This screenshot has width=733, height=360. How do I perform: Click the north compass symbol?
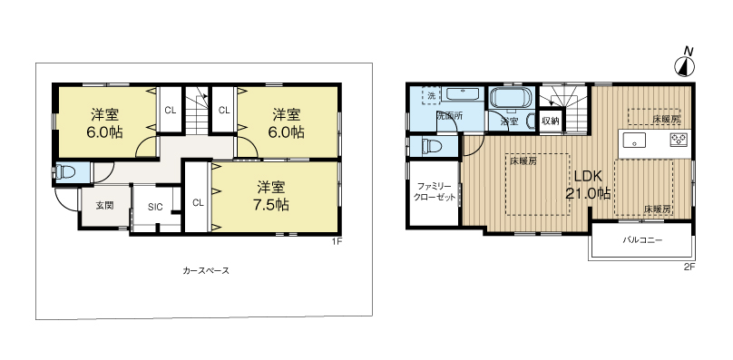pos(685,63)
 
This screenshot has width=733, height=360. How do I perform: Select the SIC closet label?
pos(155,208)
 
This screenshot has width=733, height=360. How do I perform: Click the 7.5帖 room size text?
pos(271,205)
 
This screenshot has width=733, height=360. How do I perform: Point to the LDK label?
pos(585,175)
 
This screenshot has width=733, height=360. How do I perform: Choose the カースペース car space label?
pos(205,270)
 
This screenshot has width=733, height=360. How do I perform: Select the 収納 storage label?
pos(550,120)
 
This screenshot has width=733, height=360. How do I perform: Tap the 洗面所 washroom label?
pos(449,117)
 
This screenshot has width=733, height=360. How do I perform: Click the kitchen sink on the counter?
pos(633,140)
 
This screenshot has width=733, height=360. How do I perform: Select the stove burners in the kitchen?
pos(678,140)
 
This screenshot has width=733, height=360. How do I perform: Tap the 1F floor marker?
pos(336,241)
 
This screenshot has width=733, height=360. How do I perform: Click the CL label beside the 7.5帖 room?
pos(197,202)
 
